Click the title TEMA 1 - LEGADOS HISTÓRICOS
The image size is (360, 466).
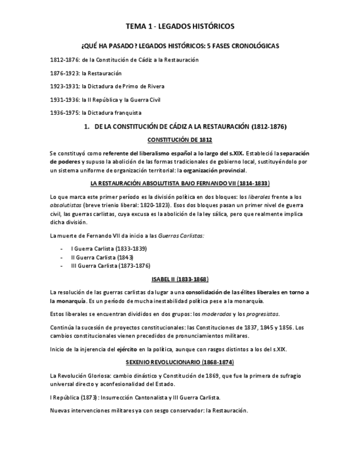coord(180,26)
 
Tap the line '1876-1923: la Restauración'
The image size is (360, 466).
coord(85,73)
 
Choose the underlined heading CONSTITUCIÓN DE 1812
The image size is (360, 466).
coord(180,140)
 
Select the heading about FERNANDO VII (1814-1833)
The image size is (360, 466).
coord(180,183)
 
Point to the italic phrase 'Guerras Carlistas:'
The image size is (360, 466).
coord(181,236)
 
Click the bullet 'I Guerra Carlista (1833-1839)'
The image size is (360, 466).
coord(109,248)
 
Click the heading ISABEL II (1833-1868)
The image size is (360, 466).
coord(180,279)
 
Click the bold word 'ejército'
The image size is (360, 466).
coord(125,349)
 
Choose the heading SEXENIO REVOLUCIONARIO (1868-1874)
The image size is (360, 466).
coord(180,362)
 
